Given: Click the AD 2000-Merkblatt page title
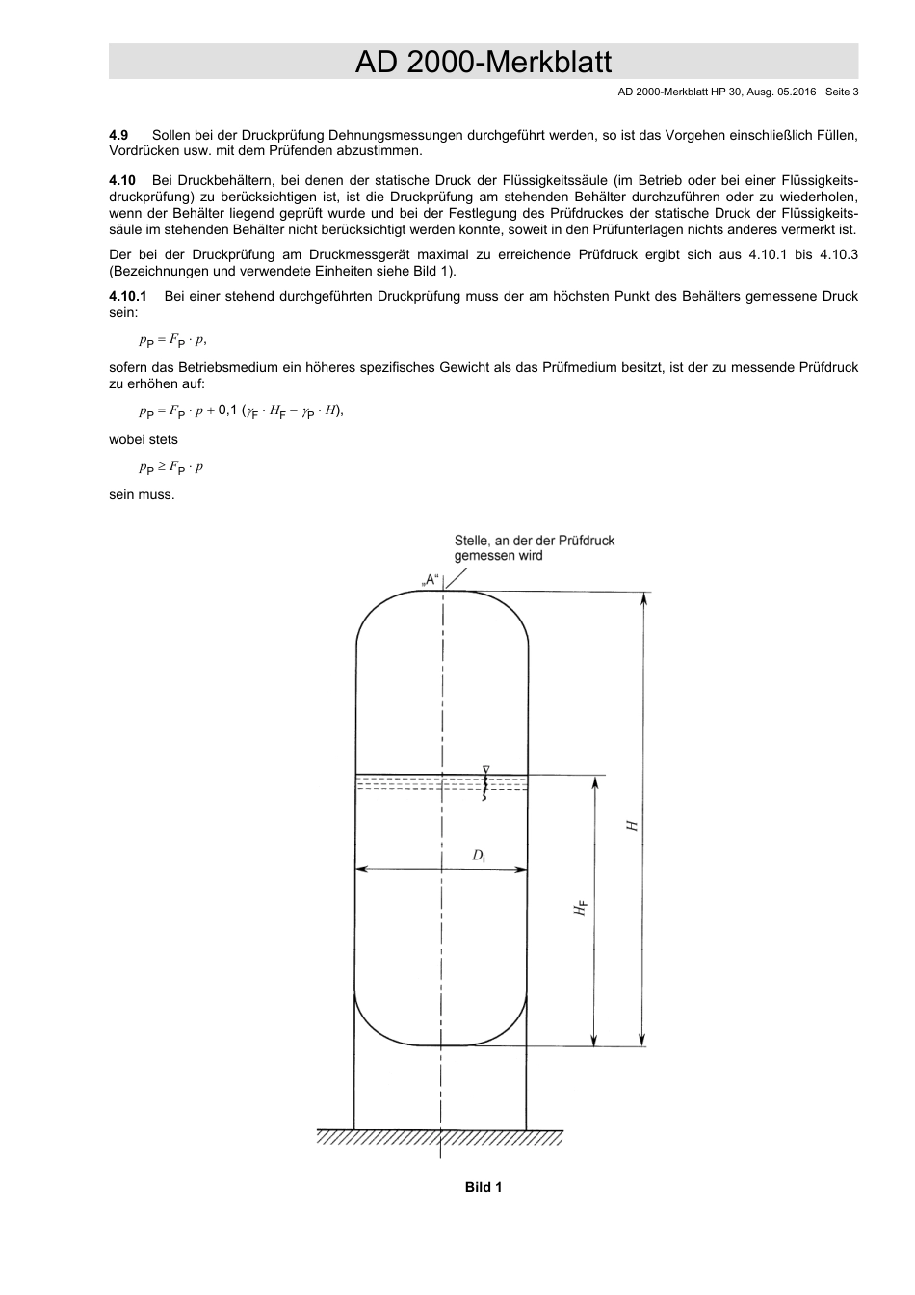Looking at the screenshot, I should pyautogui.click(x=483, y=63).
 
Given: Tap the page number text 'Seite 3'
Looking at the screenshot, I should pyautogui.click(x=835, y=92).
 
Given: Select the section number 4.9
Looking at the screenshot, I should pyautogui.click(x=118, y=136).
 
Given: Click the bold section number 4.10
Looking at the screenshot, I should pyautogui.click(x=122, y=180).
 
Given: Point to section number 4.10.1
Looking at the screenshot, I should pyautogui.click(x=127, y=297).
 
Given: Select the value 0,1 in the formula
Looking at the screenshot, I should pyautogui.click(x=227, y=410).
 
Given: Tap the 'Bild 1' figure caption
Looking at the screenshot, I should pyautogui.click(x=484, y=1187).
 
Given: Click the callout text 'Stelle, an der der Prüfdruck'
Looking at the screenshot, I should pyautogui.click(x=534, y=541).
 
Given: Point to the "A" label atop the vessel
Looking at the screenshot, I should pyautogui.click(x=431, y=580).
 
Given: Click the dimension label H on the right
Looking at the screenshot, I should pyautogui.click(x=632, y=826).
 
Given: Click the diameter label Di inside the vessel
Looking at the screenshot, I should pyautogui.click(x=479, y=856).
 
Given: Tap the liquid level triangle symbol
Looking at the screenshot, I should pyautogui.click(x=486, y=769).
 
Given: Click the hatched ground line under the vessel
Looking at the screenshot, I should pyautogui.click(x=440, y=1138).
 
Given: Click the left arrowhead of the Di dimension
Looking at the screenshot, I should pyautogui.click(x=362, y=870).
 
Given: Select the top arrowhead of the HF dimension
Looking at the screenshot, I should pyautogui.click(x=595, y=781).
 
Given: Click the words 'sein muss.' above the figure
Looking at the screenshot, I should pyautogui.click(x=142, y=495).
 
